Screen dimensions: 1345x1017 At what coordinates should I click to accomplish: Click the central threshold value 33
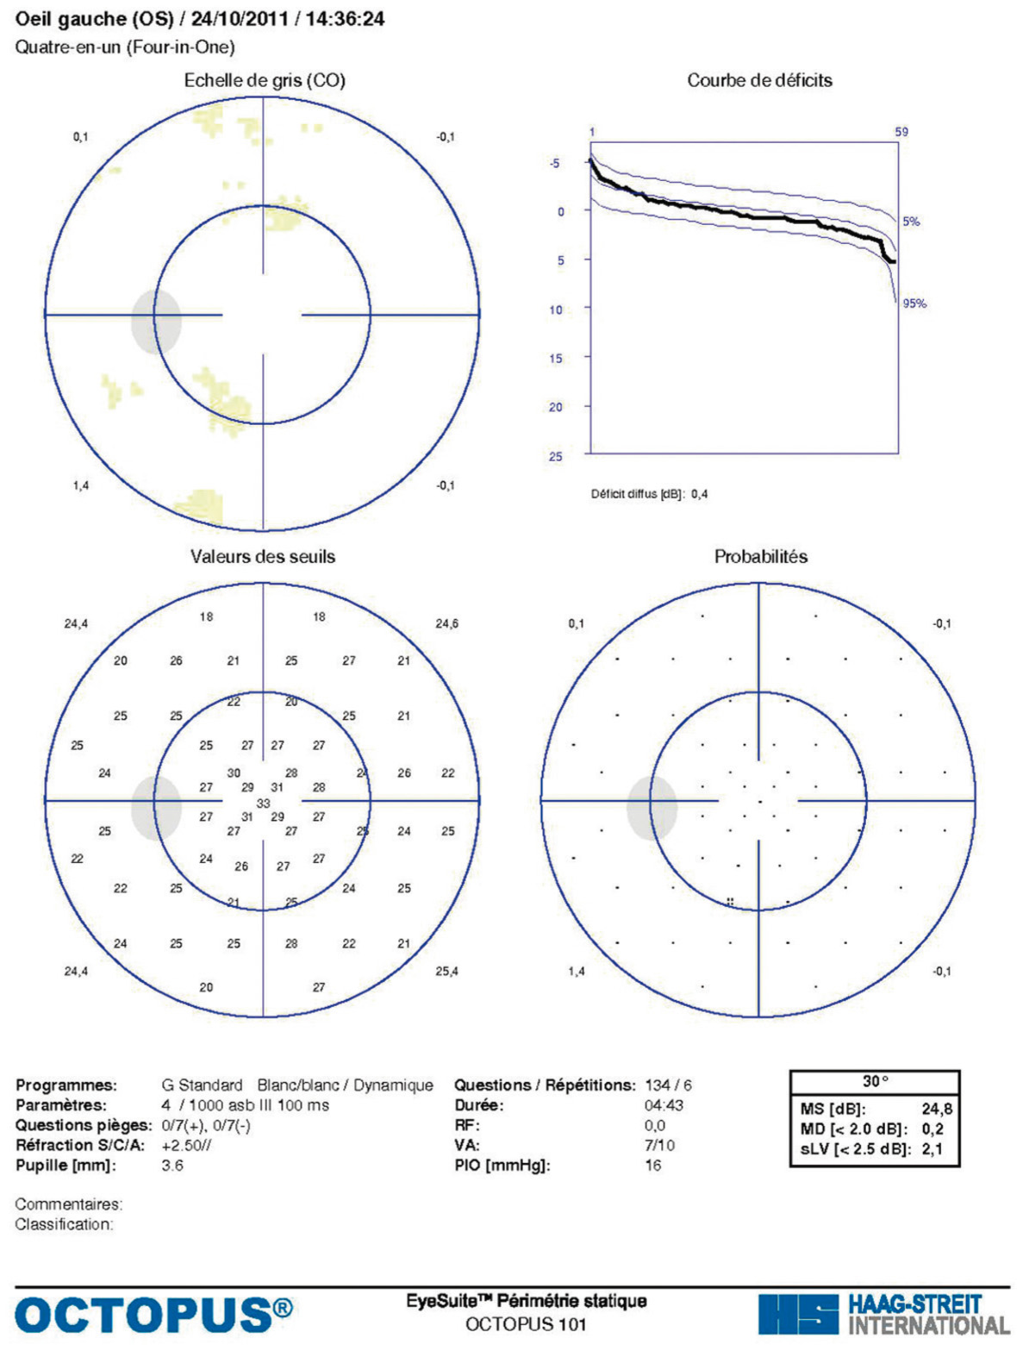263,803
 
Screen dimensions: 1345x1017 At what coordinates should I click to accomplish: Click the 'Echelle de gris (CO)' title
265,80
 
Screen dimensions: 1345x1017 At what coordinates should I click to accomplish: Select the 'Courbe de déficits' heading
759,80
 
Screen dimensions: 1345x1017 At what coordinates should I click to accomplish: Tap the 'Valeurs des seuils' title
263,556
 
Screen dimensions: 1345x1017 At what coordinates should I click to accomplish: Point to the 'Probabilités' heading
760,556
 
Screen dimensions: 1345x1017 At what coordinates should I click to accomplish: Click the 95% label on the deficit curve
914,303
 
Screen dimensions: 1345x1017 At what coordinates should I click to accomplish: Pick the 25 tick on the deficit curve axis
556,456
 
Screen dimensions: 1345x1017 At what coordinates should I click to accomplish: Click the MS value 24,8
937,1110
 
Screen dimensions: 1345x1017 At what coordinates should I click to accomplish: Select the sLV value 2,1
932,1149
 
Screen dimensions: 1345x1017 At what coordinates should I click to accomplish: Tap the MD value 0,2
932,1129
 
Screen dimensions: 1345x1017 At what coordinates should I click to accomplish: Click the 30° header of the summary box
875,1081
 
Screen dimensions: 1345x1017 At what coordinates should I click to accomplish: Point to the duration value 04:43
664,1105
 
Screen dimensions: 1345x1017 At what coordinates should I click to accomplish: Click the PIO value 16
653,1166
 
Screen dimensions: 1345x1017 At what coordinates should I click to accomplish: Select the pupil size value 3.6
172,1166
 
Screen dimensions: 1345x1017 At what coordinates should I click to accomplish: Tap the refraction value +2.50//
186,1145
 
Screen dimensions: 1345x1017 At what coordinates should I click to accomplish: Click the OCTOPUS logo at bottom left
153,1314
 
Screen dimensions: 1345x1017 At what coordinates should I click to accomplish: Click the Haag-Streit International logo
883,1314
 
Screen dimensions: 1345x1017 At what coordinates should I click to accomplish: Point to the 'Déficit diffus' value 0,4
699,494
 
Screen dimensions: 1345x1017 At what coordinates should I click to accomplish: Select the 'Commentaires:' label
69,1204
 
